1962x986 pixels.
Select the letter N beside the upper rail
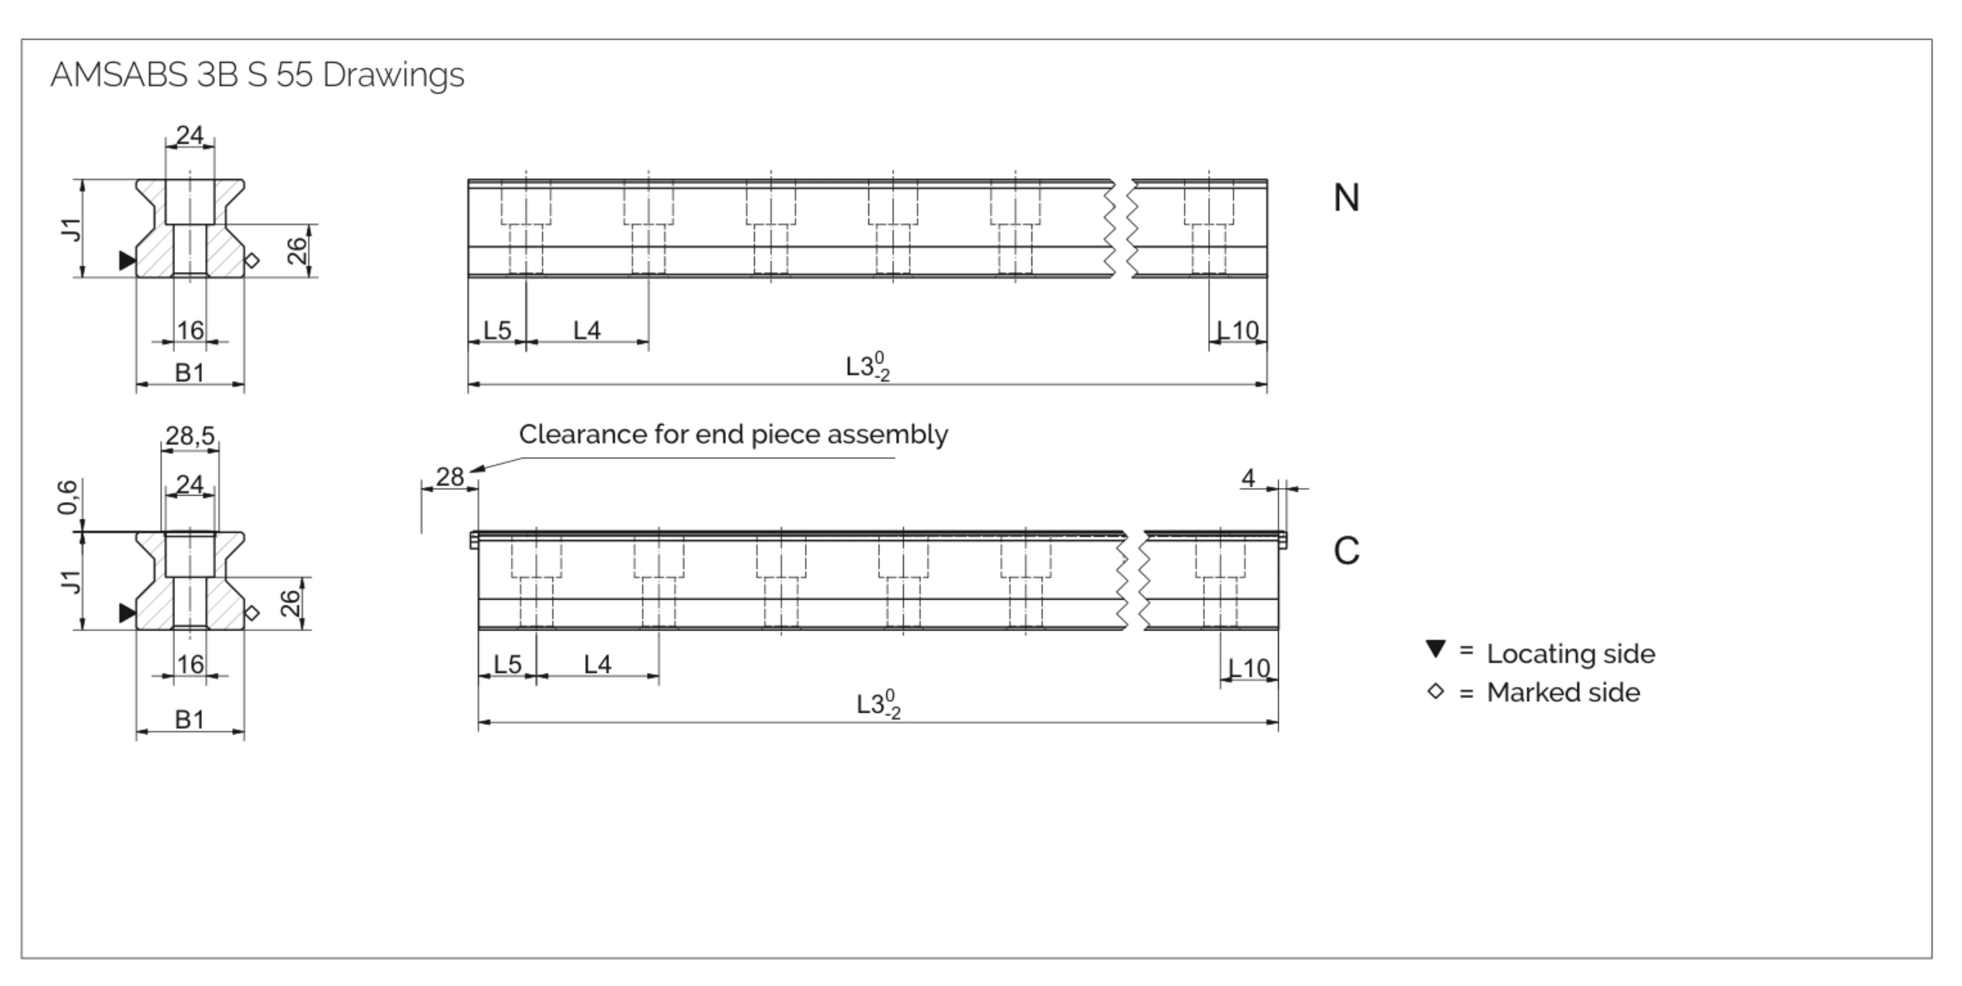[x=1346, y=198]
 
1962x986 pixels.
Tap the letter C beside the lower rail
[x=1346, y=551]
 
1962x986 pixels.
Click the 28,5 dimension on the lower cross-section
[x=190, y=436]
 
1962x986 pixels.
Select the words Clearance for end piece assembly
[x=733, y=434]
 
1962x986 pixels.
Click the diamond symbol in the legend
[x=1436, y=691]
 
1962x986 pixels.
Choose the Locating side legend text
[x=1570, y=654]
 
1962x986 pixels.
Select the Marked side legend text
[x=1563, y=693]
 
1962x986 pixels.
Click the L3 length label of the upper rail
[x=867, y=367]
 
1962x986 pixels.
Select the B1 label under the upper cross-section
[x=190, y=373]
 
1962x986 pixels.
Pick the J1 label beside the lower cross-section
[x=70, y=582]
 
